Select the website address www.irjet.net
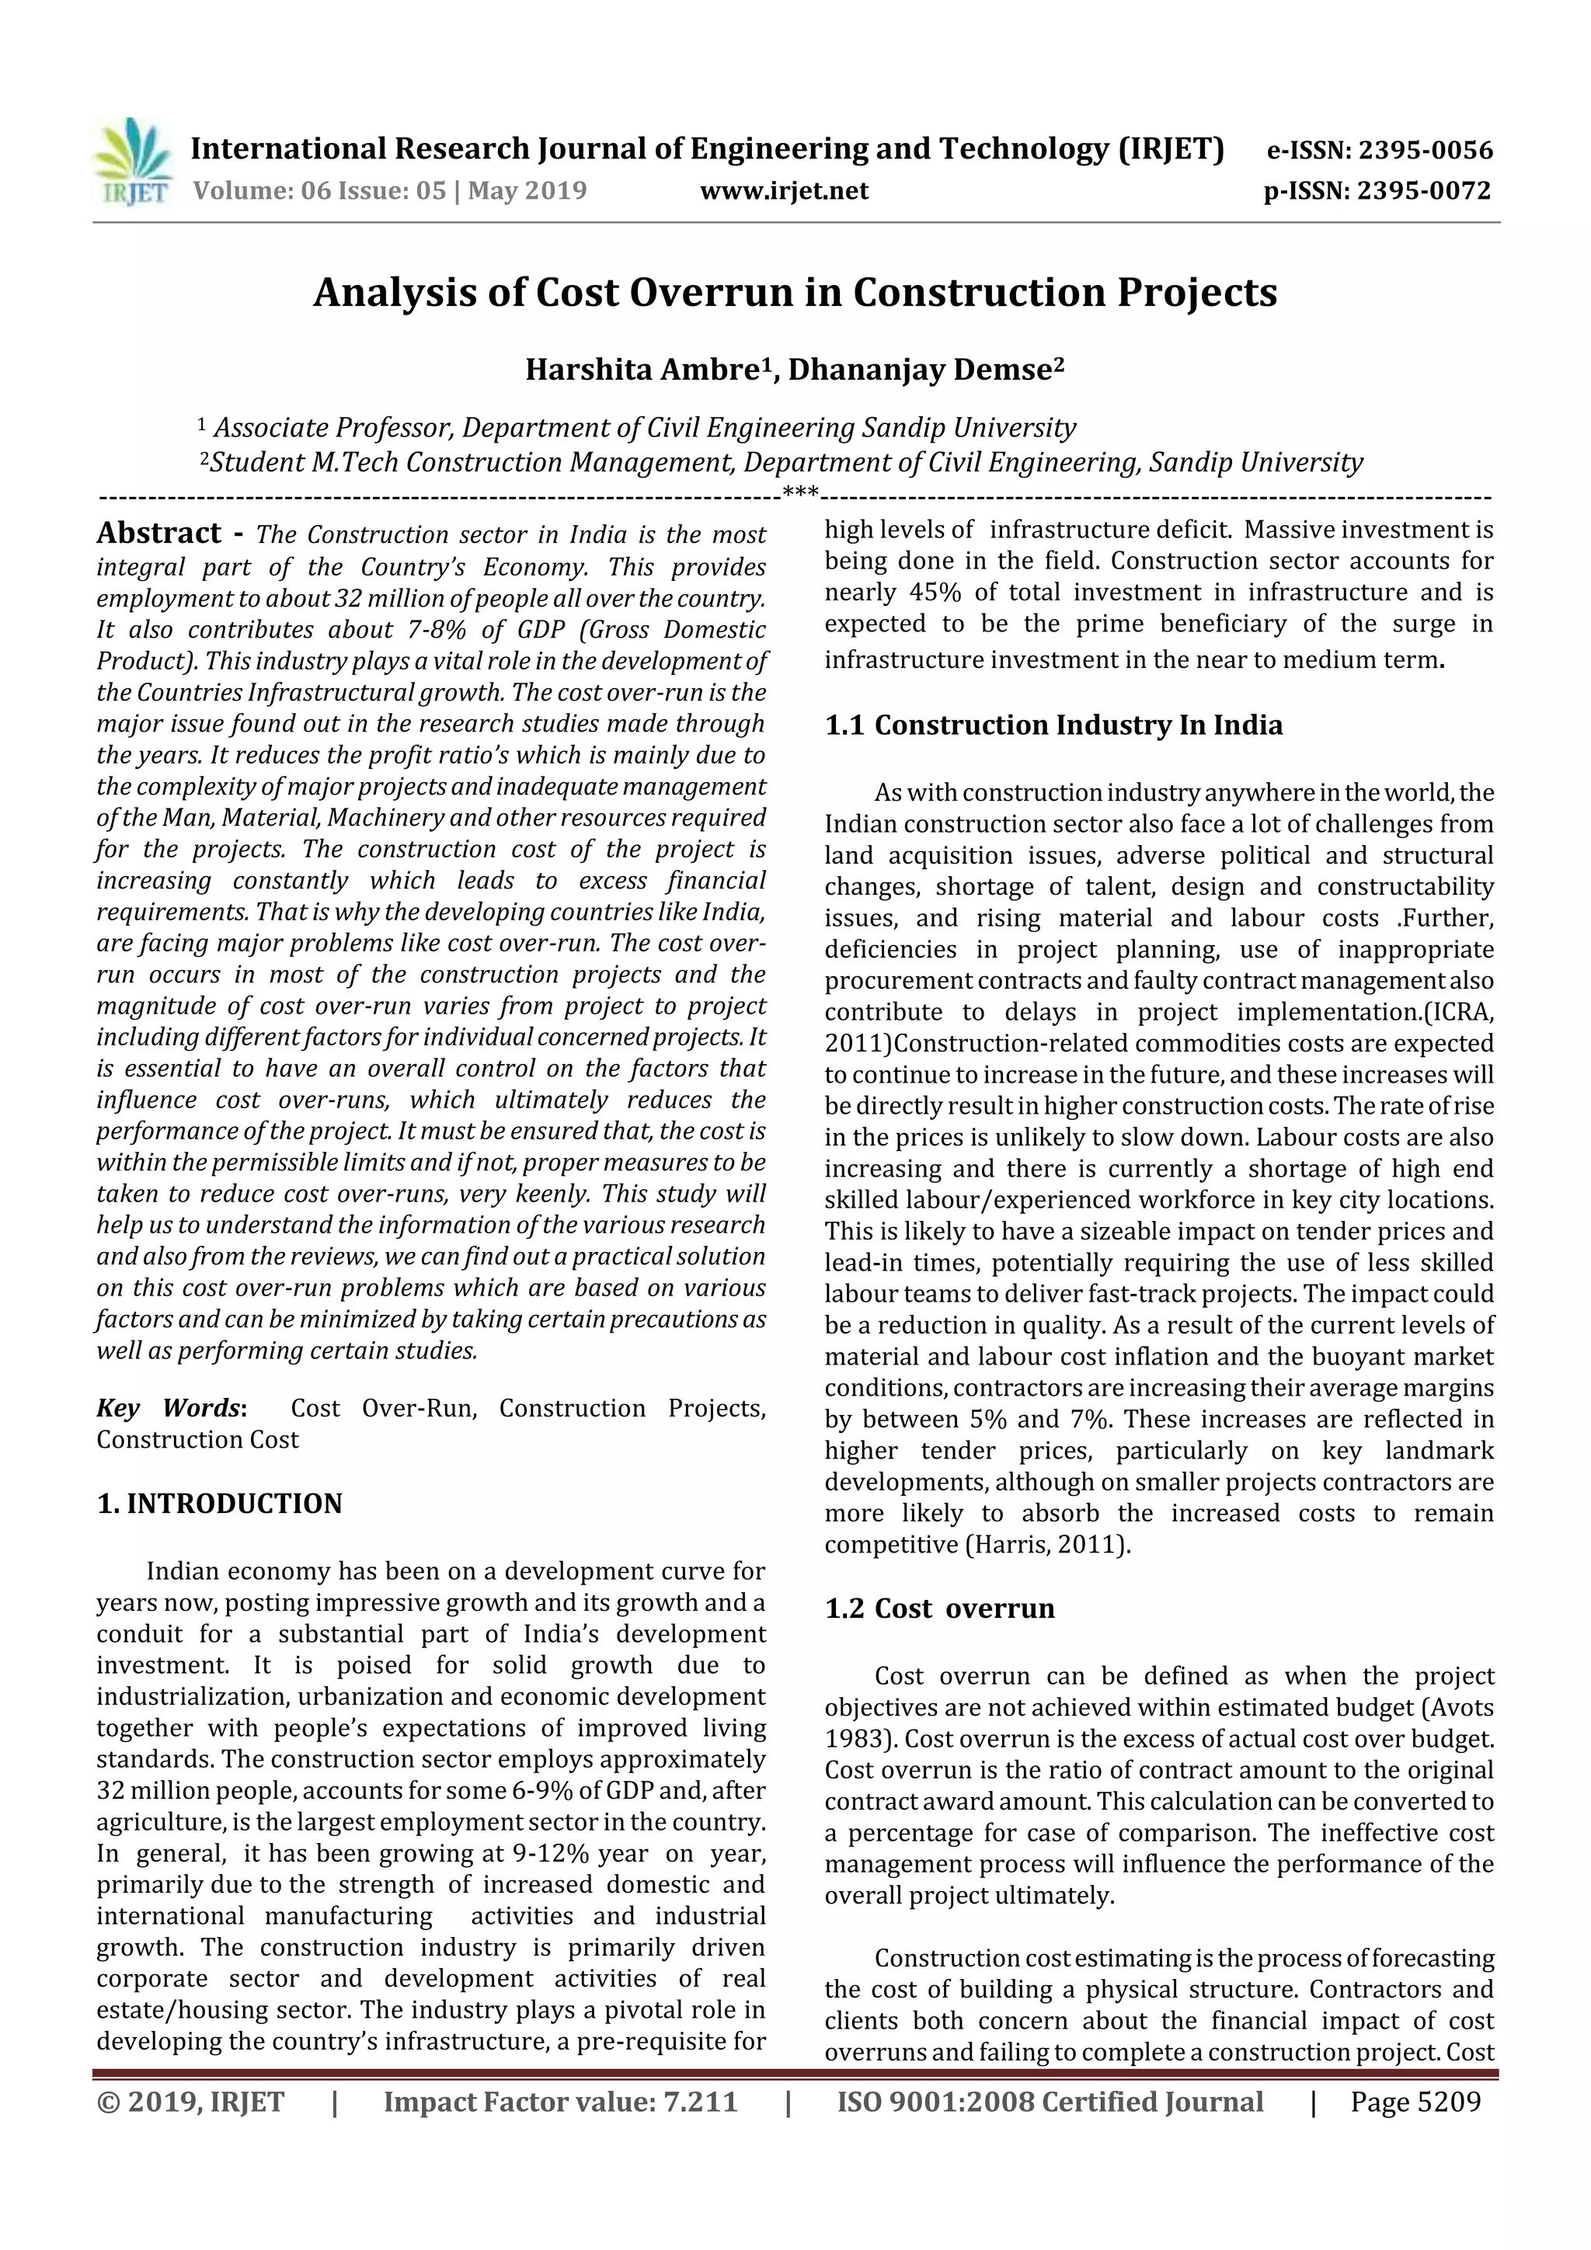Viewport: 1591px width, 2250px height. click(783, 191)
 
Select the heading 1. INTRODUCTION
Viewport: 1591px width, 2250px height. click(220, 1504)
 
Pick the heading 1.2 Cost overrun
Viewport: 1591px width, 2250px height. click(939, 1608)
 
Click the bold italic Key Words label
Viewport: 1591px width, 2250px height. click(169, 1408)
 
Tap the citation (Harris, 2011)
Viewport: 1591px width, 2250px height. click(1048, 1545)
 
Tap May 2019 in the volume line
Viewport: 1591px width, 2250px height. click(527, 191)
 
